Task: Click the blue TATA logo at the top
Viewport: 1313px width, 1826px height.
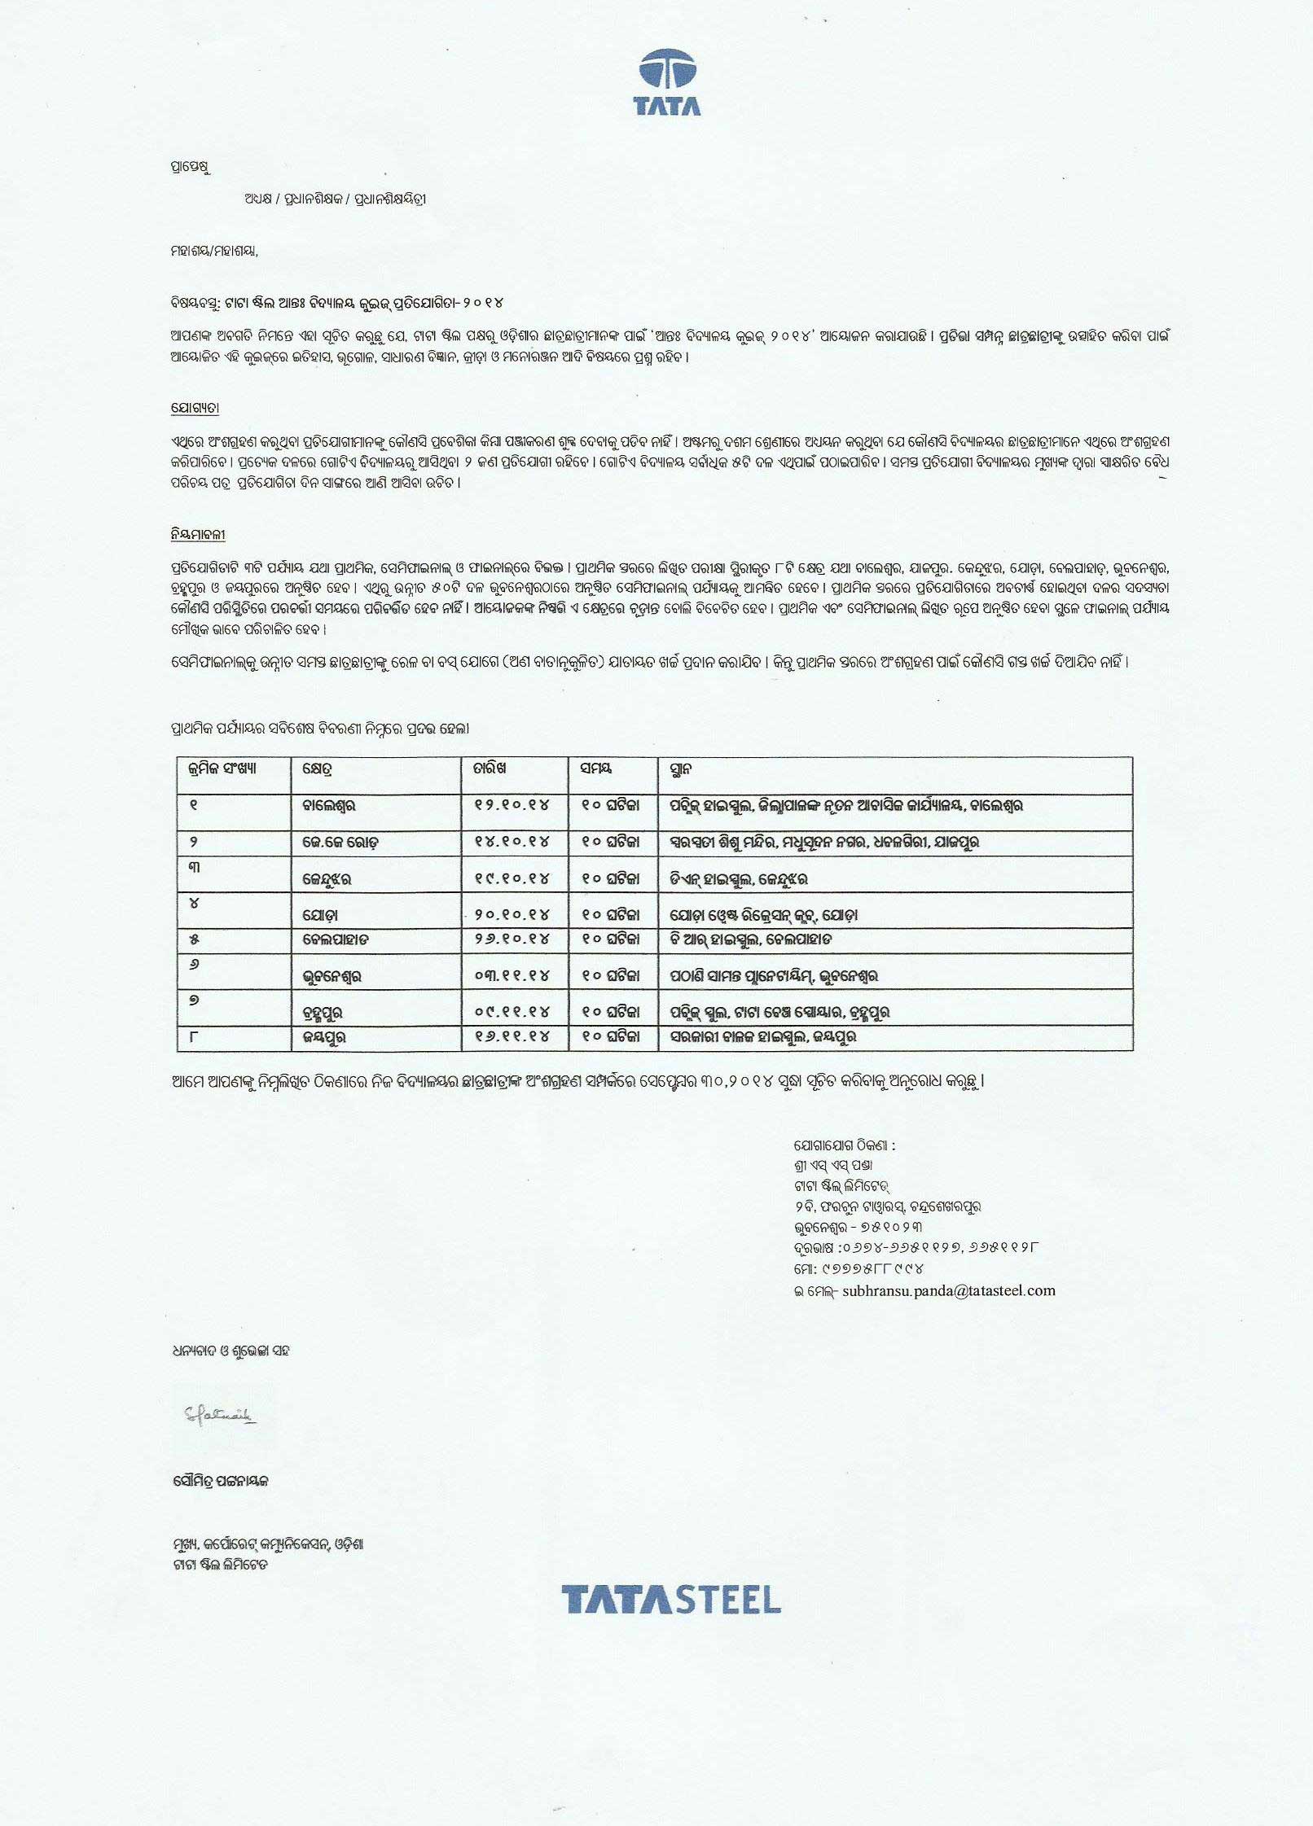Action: click(668, 81)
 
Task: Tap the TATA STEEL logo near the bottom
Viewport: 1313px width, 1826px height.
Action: click(670, 1600)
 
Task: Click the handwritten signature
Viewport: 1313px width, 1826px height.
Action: click(218, 1417)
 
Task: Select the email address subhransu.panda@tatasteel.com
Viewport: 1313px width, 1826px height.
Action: click(949, 1290)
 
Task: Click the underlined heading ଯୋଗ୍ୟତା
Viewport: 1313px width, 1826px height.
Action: click(195, 409)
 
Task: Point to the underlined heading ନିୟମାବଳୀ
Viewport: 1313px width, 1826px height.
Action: click(198, 535)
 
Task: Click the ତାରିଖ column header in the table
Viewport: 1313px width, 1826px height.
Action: click(490, 768)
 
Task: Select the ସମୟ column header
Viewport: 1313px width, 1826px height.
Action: click(595, 768)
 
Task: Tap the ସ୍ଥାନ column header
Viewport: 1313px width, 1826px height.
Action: click(681, 769)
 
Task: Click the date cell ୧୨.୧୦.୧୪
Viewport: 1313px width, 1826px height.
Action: click(512, 805)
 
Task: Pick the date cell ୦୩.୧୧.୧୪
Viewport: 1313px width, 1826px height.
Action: click(512, 975)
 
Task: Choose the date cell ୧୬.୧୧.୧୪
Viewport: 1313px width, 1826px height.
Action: click(512, 1036)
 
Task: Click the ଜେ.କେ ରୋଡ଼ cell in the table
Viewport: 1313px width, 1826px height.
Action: click(340, 843)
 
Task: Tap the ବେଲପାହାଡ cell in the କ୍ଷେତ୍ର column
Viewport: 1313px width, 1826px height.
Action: click(336, 939)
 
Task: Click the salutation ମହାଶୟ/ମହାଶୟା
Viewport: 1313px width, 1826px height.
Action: click(214, 252)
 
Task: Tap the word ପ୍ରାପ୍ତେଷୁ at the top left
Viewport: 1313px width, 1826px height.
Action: click(191, 168)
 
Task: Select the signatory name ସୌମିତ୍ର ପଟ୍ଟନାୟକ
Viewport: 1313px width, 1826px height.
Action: click(220, 1482)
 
